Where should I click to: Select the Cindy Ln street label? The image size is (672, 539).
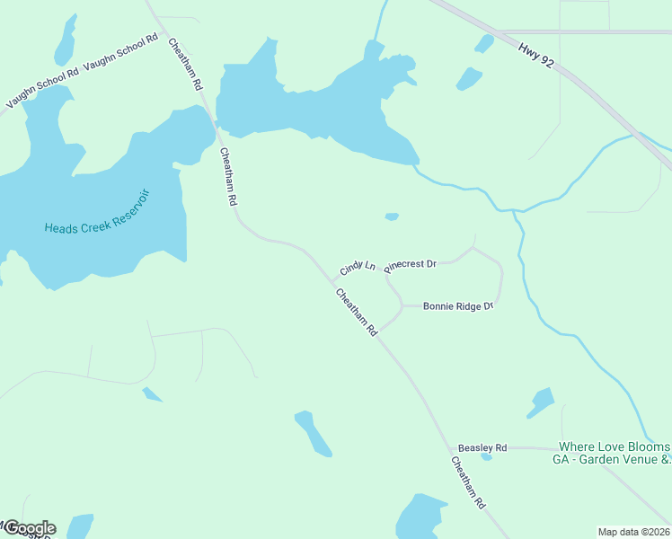357,269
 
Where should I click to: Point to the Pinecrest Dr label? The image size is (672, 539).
410,265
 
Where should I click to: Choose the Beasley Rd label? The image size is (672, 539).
482,447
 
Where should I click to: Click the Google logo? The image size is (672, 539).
29,527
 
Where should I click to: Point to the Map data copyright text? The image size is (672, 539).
633,531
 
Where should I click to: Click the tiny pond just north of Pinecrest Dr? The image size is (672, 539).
392,216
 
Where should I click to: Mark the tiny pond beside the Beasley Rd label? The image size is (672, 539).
486,457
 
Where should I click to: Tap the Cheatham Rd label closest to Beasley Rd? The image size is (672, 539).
468,482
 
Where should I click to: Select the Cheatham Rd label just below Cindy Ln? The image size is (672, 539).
357,312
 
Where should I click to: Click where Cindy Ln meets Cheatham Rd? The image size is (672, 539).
333,281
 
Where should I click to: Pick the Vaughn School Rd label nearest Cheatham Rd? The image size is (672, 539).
121,54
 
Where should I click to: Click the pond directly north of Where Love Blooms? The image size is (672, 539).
541,402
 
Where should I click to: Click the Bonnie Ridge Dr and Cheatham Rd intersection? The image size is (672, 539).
378,331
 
